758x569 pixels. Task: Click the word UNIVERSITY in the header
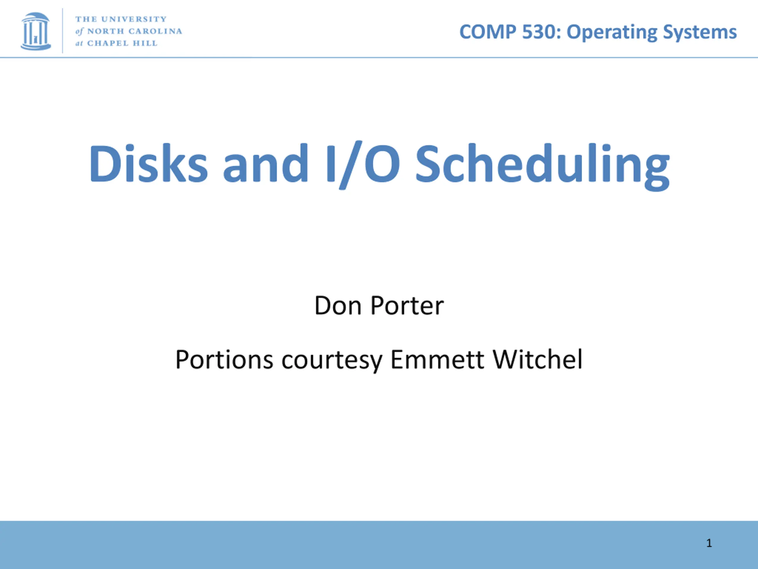click(x=134, y=19)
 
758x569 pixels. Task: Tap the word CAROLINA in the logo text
click(x=155, y=31)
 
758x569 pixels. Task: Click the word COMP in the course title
click(x=488, y=32)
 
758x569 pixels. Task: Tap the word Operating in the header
click(x=612, y=33)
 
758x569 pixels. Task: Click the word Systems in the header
click(x=700, y=33)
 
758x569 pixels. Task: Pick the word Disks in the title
click(x=148, y=163)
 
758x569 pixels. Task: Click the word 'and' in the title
click(x=266, y=163)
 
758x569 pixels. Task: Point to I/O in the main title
click(x=363, y=165)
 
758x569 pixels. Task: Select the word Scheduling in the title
click(x=542, y=166)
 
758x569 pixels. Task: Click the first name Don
click(x=338, y=305)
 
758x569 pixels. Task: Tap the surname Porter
click(x=407, y=305)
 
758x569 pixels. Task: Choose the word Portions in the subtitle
click(x=224, y=359)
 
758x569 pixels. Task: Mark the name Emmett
click(x=438, y=359)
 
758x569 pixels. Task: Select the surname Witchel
click(x=537, y=359)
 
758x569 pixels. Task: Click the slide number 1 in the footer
click(x=709, y=543)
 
